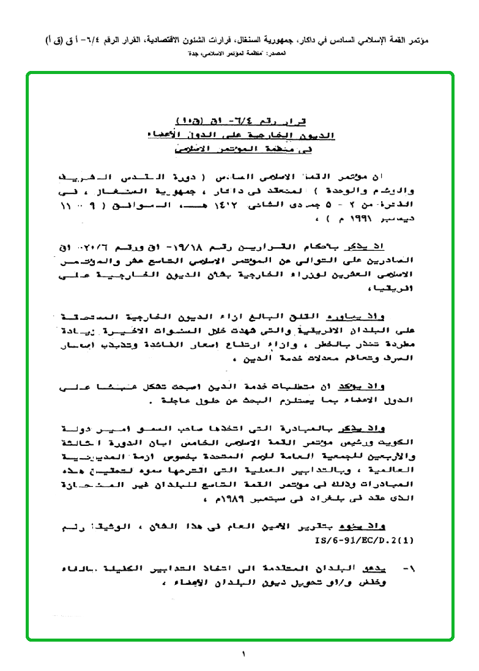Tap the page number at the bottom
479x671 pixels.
click(243, 654)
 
